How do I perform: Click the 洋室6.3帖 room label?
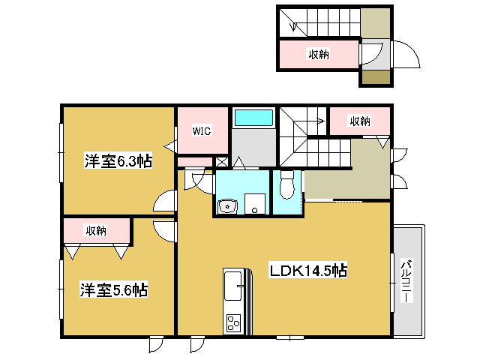point(118,160)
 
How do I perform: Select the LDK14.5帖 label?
point(307,270)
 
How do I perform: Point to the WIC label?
point(202,131)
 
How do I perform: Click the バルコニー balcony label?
point(406,281)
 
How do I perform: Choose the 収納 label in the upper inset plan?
point(319,54)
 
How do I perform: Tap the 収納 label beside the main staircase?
point(360,120)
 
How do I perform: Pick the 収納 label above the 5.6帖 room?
point(95,230)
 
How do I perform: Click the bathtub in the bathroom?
point(254,118)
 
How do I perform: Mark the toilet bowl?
point(286,186)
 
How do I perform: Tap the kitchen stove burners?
point(232,323)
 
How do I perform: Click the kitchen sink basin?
point(233,283)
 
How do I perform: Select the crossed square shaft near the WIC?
point(222,161)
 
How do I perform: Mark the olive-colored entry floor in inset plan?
point(376,76)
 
